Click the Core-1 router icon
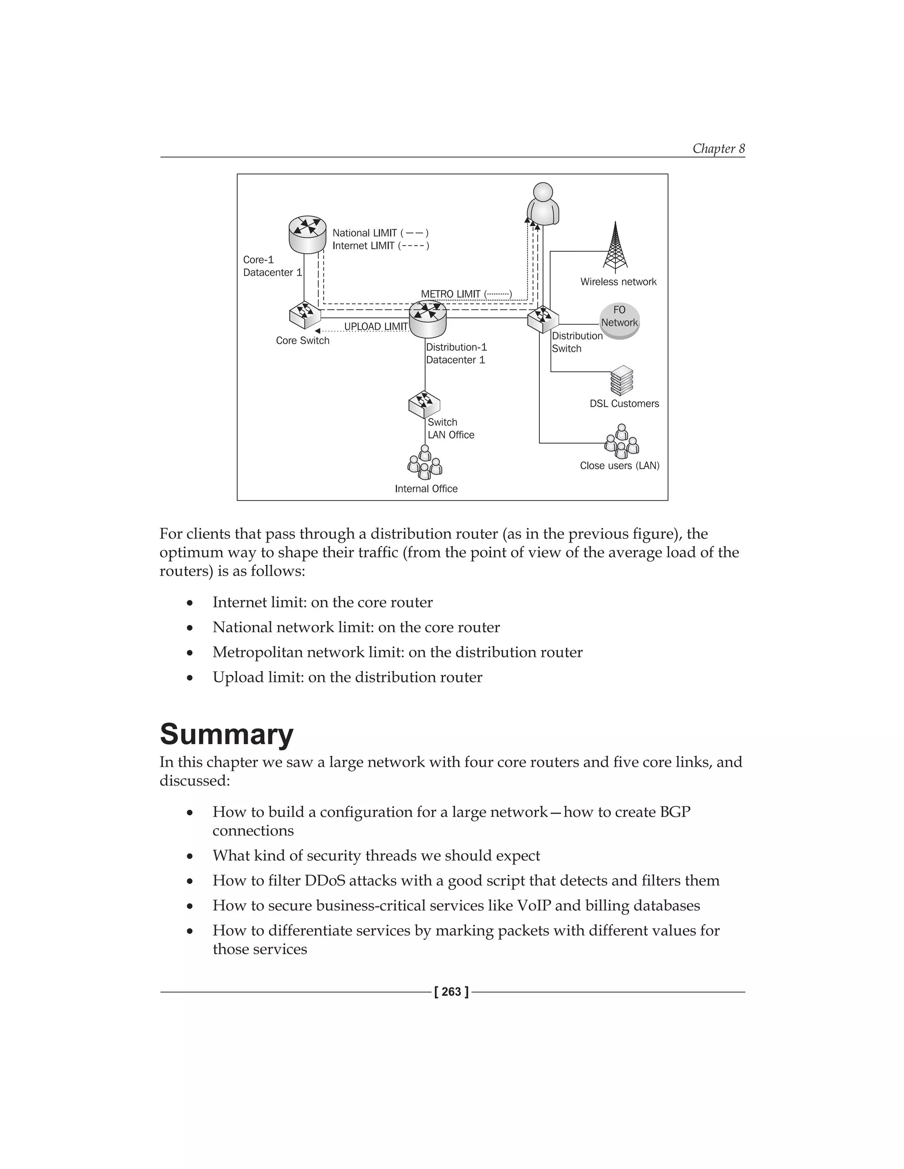[307, 234]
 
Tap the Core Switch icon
[304, 316]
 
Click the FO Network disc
[619, 321]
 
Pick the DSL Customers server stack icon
[622, 381]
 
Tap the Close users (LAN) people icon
[621, 442]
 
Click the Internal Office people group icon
[425, 463]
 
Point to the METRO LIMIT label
[451, 294]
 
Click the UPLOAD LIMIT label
[376, 326]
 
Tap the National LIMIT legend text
[365, 233]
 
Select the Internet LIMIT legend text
[364, 246]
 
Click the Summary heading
[226, 734]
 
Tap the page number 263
[452, 992]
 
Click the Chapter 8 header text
[718, 148]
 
